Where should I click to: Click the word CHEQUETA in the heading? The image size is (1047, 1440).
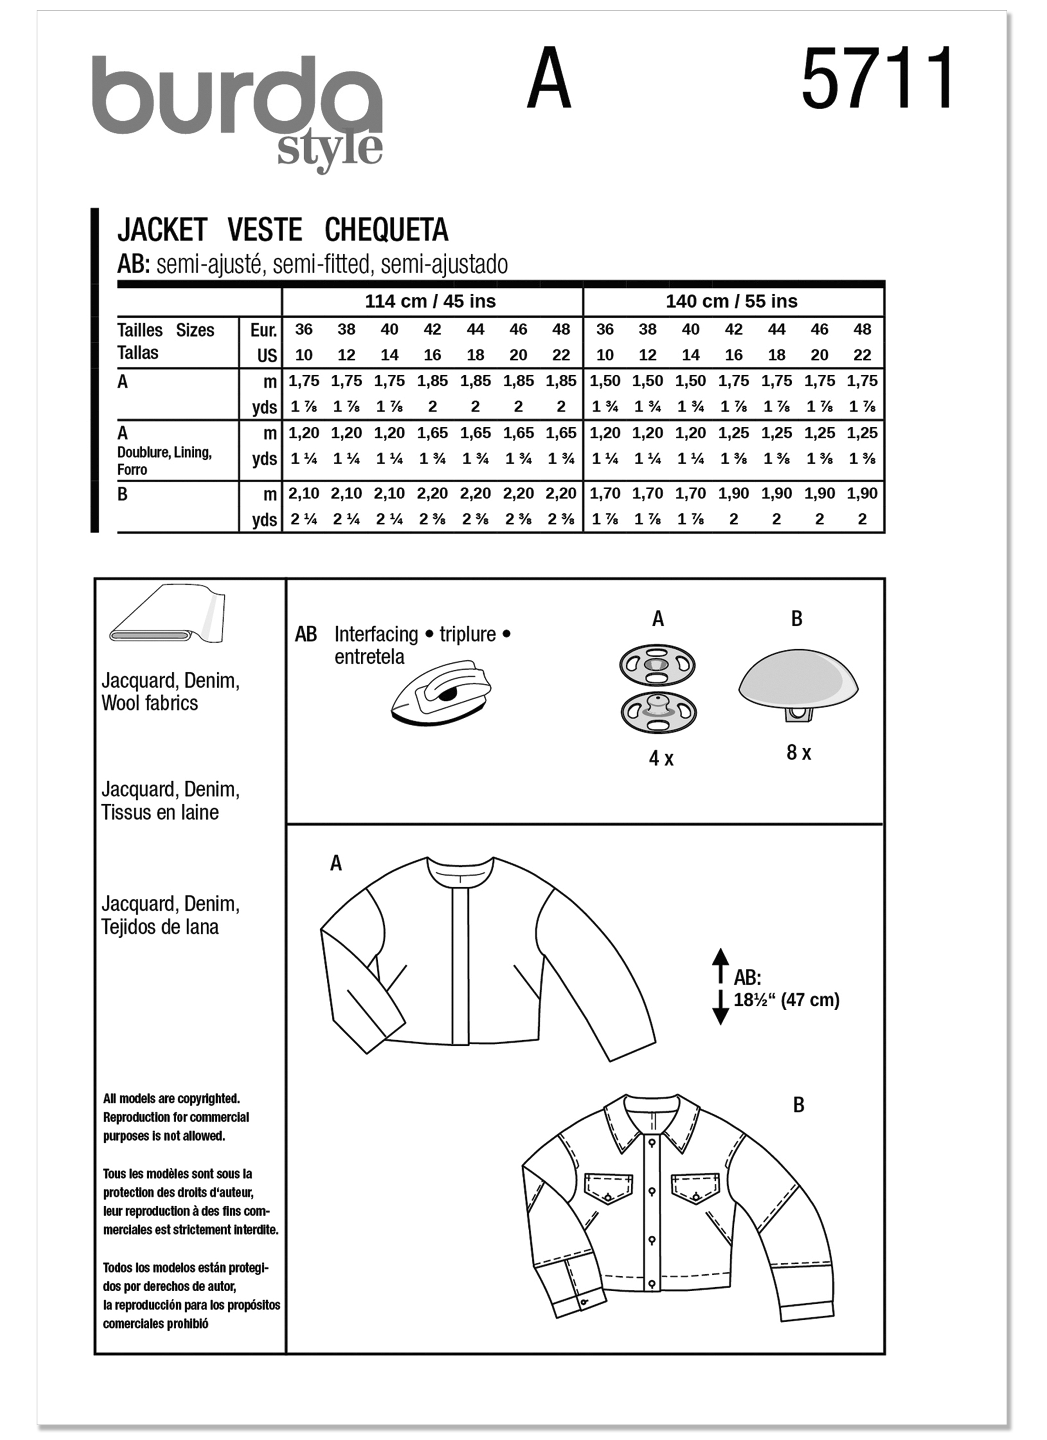point(386,230)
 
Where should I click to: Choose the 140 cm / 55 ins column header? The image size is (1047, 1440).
point(732,302)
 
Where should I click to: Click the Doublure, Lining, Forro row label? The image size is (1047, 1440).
point(164,461)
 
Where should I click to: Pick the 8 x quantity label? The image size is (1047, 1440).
point(798,753)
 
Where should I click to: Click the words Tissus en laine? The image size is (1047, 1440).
point(160,813)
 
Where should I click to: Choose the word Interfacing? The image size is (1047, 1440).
point(376,634)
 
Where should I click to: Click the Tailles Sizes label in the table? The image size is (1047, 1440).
point(166,330)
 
